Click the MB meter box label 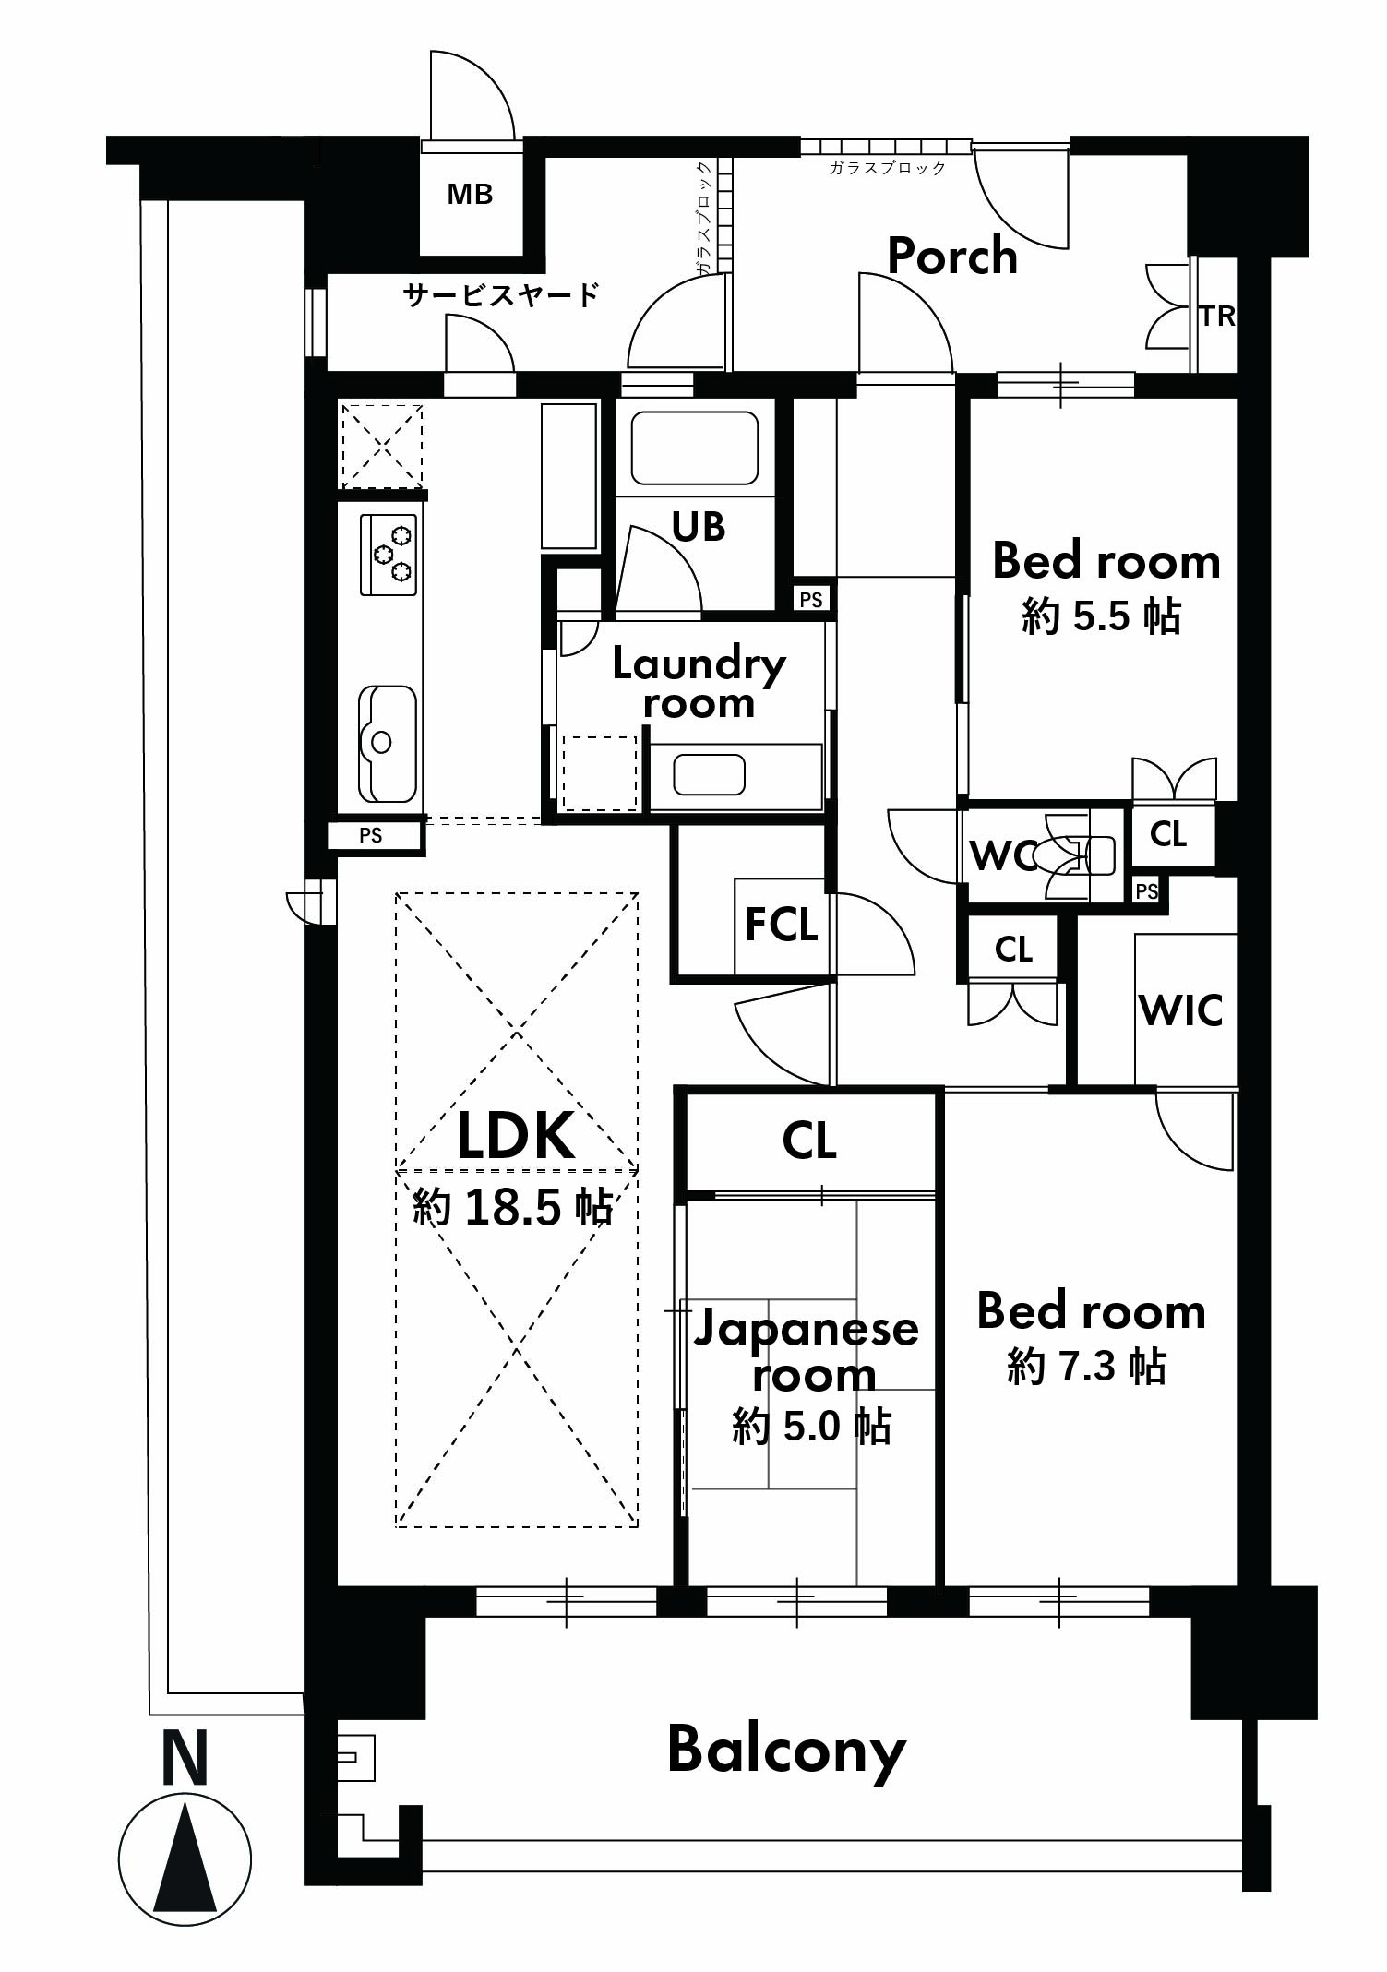(x=470, y=195)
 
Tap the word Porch (x=952, y=256)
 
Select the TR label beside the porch (x=1217, y=317)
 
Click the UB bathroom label (x=699, y=527)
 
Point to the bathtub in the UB (x=695, y=448)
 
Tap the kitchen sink (x=388, y=744)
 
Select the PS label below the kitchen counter (x=371, y=836)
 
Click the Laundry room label (x=699, y=683)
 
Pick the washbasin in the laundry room (x=709, y=774)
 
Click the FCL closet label (x=782, y=926)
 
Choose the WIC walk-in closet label (x=1182, y=1010)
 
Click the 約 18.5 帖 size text (x=513, y=1206)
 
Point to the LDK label (x=516, y=1136)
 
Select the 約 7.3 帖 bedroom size (x=1087, y=1366)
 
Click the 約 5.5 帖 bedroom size (x=1102, y=616)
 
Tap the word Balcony (x=786, y=1751)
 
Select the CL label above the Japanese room (x=809, y=1141)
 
